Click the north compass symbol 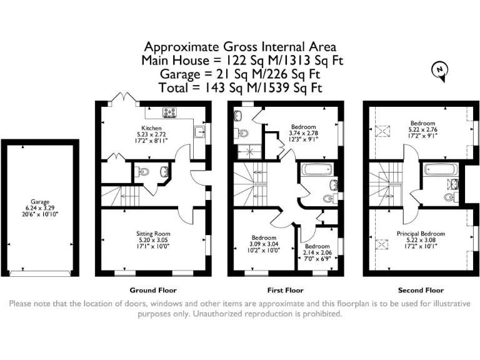[440, 71]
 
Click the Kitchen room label [151, 128]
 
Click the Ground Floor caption [153, 290]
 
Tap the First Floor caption [286, 290]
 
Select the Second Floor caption [421, 290]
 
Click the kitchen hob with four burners [169, 112]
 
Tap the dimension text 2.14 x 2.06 [317, 253]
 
